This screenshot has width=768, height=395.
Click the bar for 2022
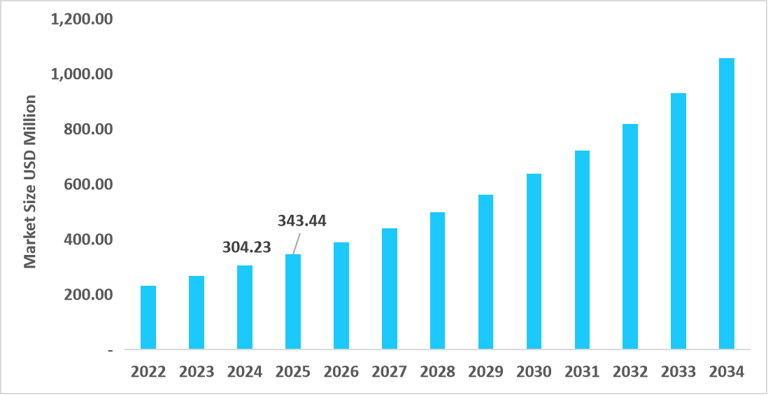click(x=148, y=317)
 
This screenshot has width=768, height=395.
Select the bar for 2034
click(x=727, y=203)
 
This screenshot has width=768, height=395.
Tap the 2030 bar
click(x=534, y=261)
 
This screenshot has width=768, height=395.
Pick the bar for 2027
click(x=389, y=289)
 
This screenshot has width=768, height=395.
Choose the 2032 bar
click(x=630, y=236)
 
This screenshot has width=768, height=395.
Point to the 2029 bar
click(x=485, y=272)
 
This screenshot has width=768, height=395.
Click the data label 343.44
click(x=302, y=221)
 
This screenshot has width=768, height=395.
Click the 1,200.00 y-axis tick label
click(x=82, y=19)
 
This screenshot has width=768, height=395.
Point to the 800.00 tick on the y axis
click(x=88, y=130)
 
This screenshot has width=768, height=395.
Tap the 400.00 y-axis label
click(x=88, y=240)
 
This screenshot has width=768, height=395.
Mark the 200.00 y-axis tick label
click(x=88, y=295)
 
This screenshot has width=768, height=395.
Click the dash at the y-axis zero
click(x=110, y=349)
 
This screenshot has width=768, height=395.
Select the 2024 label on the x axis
click(x=245, y=371)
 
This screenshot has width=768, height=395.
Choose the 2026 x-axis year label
click(x=341, y=371)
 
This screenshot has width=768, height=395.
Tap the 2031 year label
click(x=582, y=371)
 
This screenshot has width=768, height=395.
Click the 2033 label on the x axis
click(x=678, y=371)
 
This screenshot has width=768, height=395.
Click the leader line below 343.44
click(x=297, y=243)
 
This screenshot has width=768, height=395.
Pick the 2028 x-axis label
click(x=437, y=371)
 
